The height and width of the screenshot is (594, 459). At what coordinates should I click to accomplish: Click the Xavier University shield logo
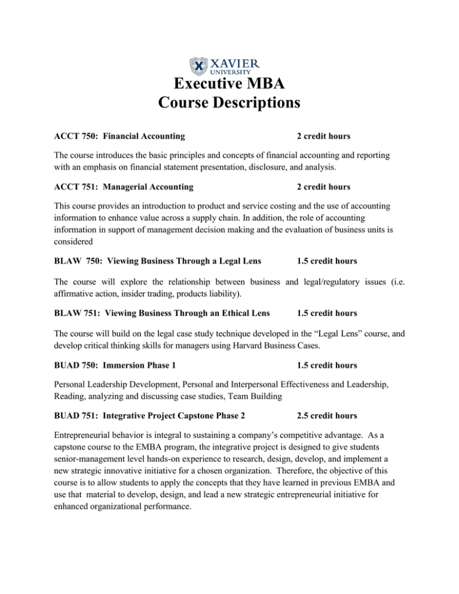[x=199, y=66]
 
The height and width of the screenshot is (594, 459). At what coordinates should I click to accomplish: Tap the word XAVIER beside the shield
[x=235, y=62]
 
